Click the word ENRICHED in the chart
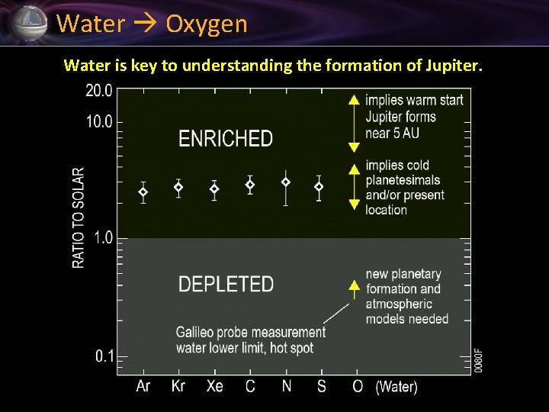click(225, 139)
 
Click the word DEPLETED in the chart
click(226, 284)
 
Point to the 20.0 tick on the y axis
click(98, 91)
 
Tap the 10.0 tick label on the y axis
click(98, 122)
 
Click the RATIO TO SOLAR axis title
click(79, 217)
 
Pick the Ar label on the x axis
click(143, 386)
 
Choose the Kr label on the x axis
click(178, 386)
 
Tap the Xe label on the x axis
click(214, 386)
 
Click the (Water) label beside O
click(396, 387)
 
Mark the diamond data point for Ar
click(143, 192)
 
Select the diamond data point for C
click(249, 185)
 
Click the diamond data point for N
click(286, 182)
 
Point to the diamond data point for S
click(319, 187)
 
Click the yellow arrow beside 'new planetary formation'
click(354, 287)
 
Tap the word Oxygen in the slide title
click(207, 24)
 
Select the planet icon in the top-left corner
click(29, 23)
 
